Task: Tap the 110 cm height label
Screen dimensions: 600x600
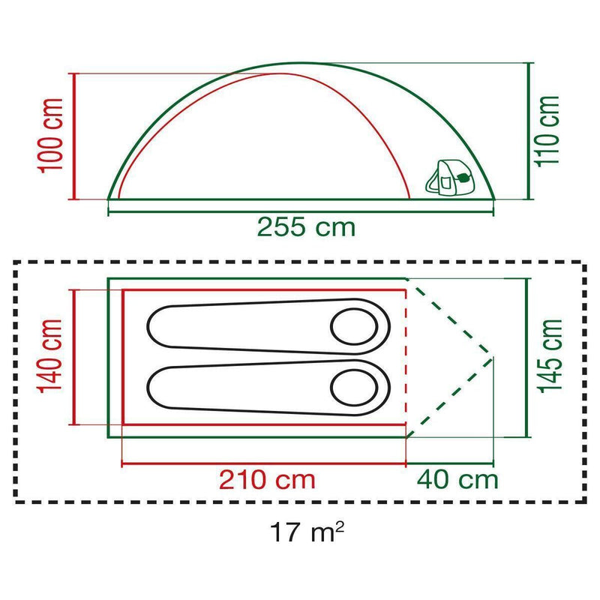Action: click(547, 131)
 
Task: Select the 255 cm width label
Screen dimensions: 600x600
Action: click(306, 227)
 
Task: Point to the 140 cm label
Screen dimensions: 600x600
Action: click(49, 355)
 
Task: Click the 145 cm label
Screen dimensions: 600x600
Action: click(550, 355)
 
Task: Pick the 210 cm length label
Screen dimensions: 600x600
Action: click(267, 479)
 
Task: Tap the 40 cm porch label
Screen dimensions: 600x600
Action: click(457, 479)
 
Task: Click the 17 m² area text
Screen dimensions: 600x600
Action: click(307, 532)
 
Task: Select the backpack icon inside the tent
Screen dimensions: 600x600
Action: click(448, 177)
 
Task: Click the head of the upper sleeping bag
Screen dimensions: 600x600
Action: click(354, 327)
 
